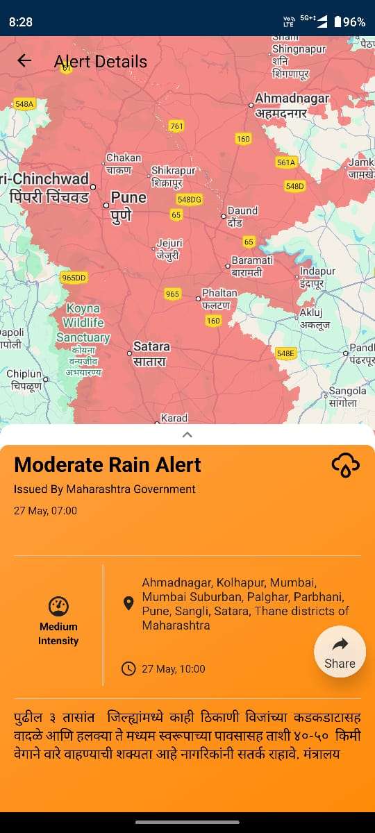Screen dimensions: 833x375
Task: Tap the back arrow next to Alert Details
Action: tap(24, 60)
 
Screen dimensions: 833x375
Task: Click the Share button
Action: tap(340, 653)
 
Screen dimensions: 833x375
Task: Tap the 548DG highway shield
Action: tap(189, 199)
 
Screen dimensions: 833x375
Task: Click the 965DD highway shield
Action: tap(74, 278)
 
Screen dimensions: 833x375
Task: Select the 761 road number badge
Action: tap(176, 126)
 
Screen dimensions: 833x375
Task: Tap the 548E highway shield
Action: tap(285, 353)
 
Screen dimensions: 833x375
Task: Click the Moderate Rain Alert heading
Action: tap(108, 465)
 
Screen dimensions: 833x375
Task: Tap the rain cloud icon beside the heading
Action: tap(345, 465)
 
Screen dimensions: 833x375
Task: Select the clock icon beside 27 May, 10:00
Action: tap(128, 669)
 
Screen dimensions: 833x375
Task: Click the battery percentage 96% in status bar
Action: tap(353, 22)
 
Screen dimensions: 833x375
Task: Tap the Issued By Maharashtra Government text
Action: tap(104, 489)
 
